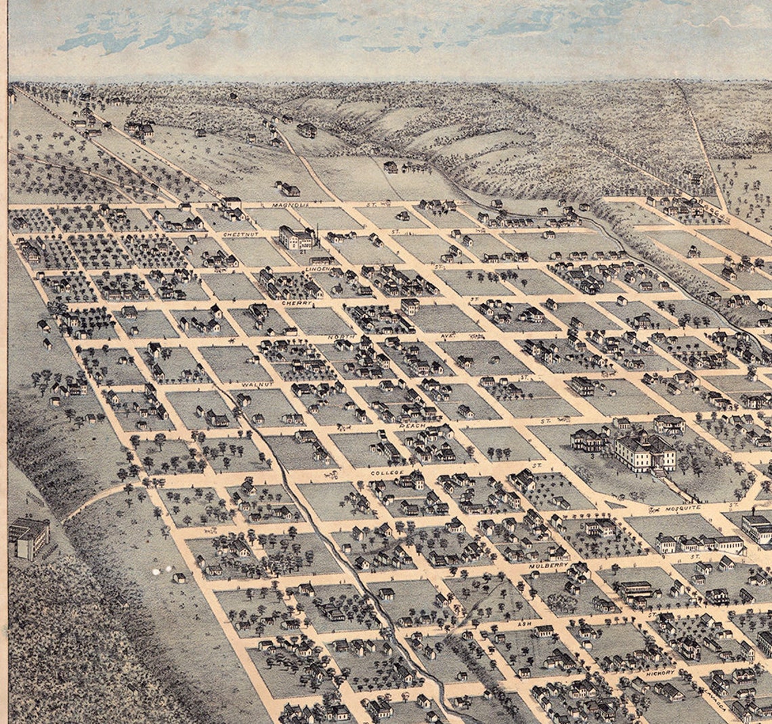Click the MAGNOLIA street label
coord(291,204)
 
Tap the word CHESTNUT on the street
coord(240,234)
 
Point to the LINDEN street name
coord(317,268)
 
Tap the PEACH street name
coord(412,425)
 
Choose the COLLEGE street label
coord(387,472)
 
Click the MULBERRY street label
coord(549,564)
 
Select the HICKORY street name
coord(660,672)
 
